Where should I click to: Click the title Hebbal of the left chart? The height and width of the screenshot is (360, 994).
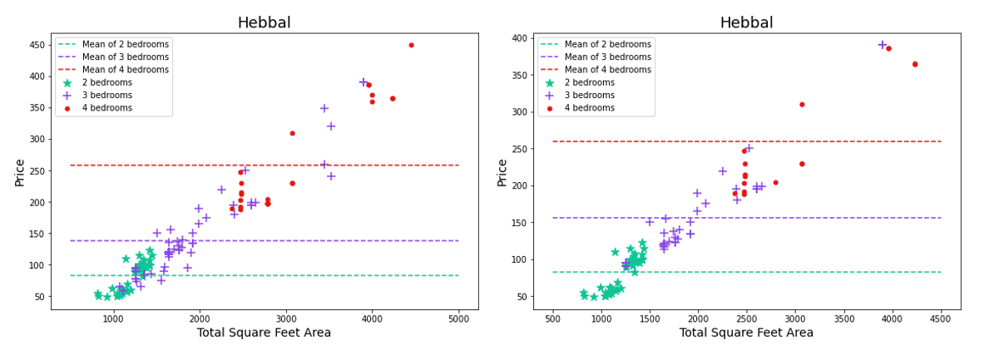(264, 22)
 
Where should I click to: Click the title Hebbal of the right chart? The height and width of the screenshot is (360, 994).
(746, 22)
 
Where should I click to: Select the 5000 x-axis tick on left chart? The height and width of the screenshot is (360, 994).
(458, 318)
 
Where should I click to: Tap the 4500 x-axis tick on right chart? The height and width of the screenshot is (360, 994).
(941, 318)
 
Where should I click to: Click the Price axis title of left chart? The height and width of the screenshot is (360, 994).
(18, 171)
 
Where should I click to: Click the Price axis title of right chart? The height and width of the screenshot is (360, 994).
(502, 171)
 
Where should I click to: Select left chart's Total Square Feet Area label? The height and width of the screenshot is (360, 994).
(264, 333)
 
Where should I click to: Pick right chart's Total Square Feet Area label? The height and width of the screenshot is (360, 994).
(746, 333)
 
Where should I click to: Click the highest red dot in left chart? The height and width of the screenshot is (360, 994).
(411, 45)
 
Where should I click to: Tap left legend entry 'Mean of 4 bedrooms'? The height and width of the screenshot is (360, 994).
(125, 70)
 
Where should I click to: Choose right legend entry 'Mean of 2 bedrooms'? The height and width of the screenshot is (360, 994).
(607, 44)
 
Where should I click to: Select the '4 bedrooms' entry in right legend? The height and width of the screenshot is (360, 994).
(589, 108)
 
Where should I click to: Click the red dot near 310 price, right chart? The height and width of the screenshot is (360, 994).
(802, 105)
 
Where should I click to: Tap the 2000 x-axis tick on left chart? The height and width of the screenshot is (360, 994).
(199, 318)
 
